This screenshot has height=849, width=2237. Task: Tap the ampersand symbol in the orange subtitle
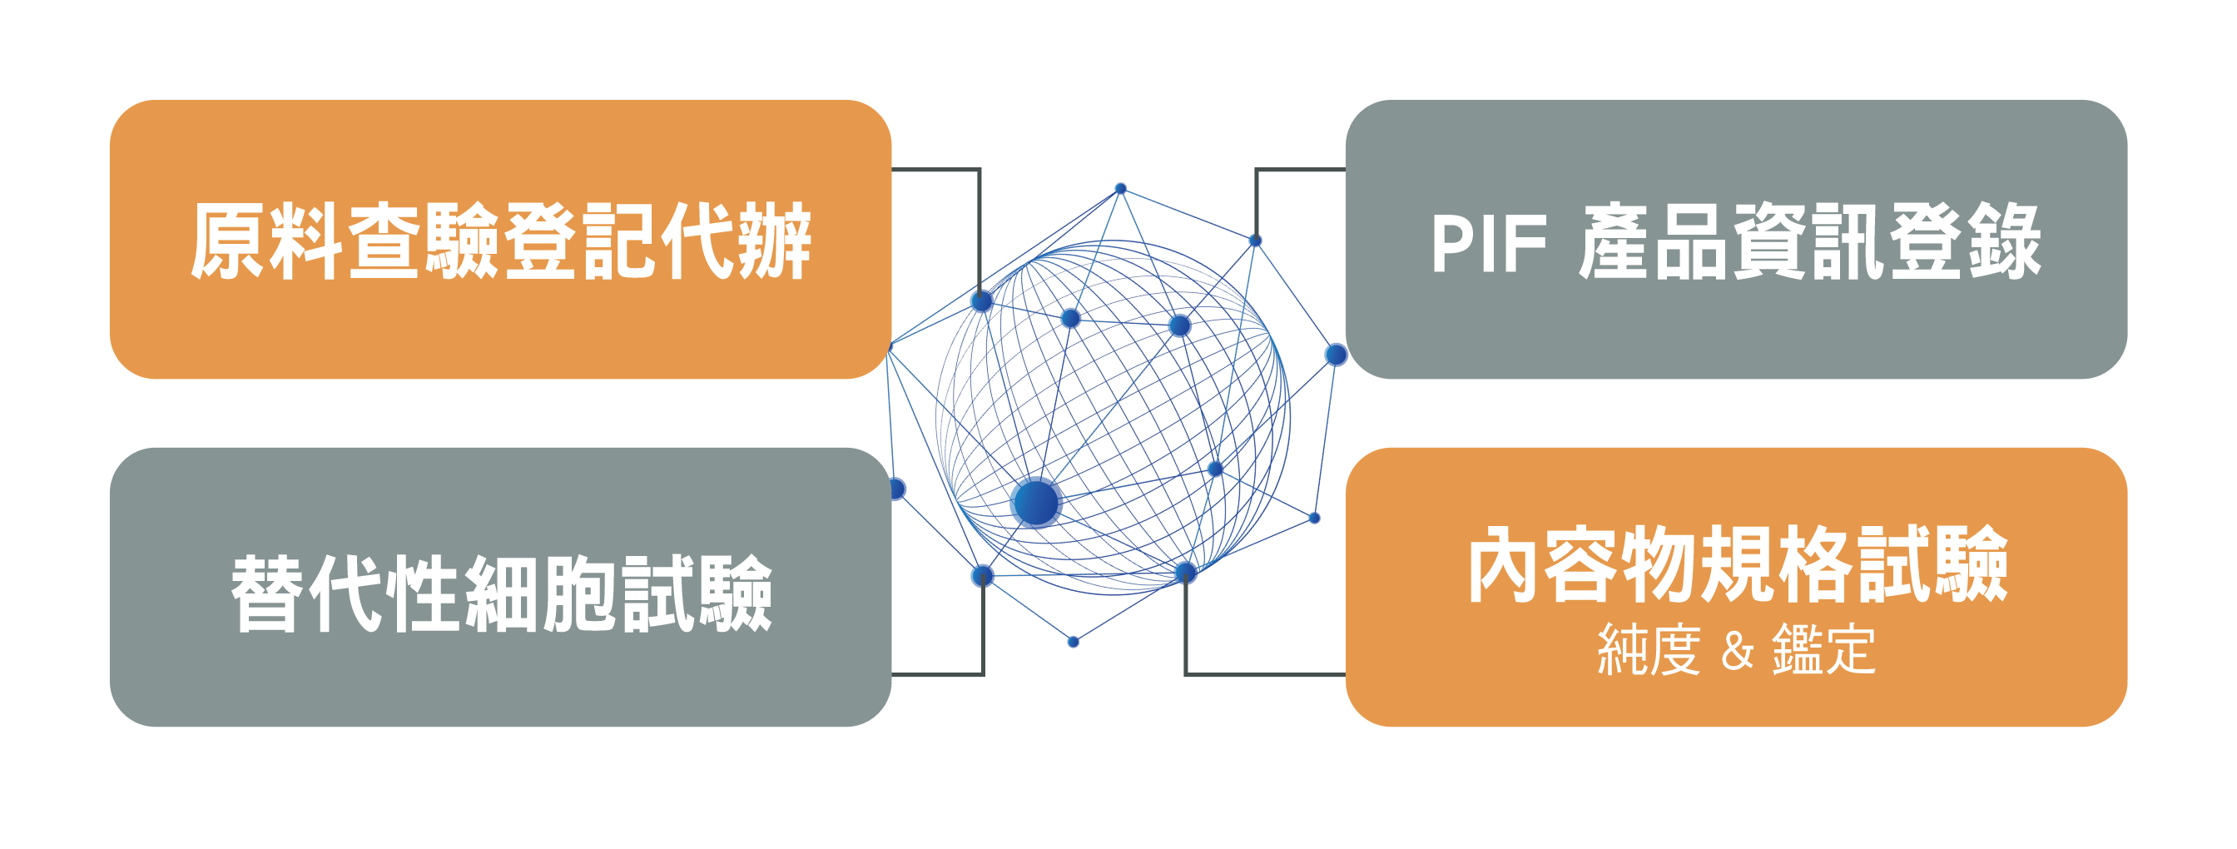(x=1737, y=650)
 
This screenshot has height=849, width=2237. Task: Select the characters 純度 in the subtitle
(x=1649, y=650)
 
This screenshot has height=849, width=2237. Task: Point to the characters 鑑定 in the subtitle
(x=1823, y=650)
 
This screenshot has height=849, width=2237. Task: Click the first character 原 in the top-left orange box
(x=228, y=242)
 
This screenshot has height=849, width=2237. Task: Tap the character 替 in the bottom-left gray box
(x=267, y=593)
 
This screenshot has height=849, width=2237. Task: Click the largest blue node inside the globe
(x=1036, y=503)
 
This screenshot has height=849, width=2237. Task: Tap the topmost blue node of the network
(x=1120, y=188)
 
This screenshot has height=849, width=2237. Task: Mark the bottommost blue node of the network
(x=1074, y=642)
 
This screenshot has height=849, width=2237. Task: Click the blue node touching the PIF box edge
(x=1336, y=355)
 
